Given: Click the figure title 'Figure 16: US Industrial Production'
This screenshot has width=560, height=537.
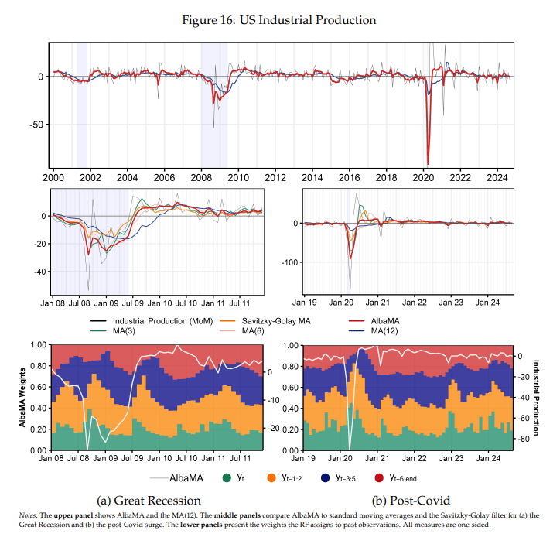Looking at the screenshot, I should pyautogui.click(x=279, y=20).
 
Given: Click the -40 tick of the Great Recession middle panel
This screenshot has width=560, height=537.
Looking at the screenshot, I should pyautogui.click(x=36, y=272).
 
